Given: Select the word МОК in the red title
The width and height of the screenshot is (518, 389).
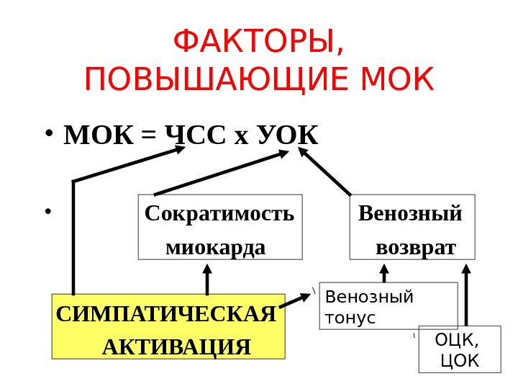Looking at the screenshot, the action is [400, 81].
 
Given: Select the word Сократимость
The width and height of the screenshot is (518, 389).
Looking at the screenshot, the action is [219, 214].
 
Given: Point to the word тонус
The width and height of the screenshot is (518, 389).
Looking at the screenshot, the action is [350, 316].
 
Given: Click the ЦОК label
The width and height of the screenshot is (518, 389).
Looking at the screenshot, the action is [459, 359].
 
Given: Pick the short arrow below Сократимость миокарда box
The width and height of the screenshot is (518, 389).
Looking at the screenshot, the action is [207, 277].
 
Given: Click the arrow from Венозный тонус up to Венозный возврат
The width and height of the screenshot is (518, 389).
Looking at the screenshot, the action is [385, 272].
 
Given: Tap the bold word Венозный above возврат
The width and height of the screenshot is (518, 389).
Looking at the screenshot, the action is [410, 214].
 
